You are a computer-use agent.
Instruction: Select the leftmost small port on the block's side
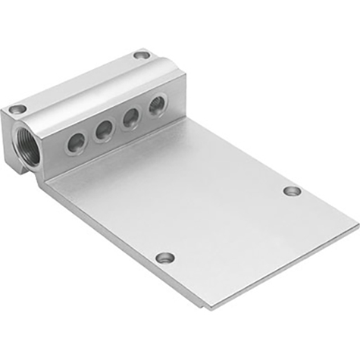click(x=75, y=141)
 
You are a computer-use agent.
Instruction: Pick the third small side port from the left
click(x=130, y=117)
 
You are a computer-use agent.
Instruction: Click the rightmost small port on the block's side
click(x=157, y=105)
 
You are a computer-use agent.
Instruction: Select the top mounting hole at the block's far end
click(x=141, y=55)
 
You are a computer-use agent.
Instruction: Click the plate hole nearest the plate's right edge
click(x=293, y=190)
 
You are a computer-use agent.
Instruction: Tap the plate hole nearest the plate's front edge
click(x=165, y=258)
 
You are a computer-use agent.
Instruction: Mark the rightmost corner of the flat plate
click(x=357, y=226)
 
